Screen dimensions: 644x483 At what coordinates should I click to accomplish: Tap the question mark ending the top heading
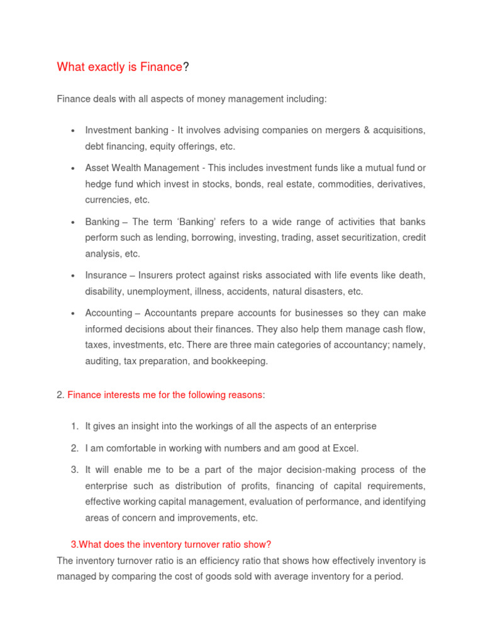click(186, 67)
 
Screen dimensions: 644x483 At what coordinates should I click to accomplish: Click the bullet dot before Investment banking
click(73, 131)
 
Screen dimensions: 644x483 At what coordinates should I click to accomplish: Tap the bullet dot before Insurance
click(73, 276)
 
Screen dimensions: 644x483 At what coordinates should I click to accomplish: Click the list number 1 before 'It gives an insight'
click(74, 426)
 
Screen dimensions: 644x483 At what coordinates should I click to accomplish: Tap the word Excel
click(345, 448)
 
